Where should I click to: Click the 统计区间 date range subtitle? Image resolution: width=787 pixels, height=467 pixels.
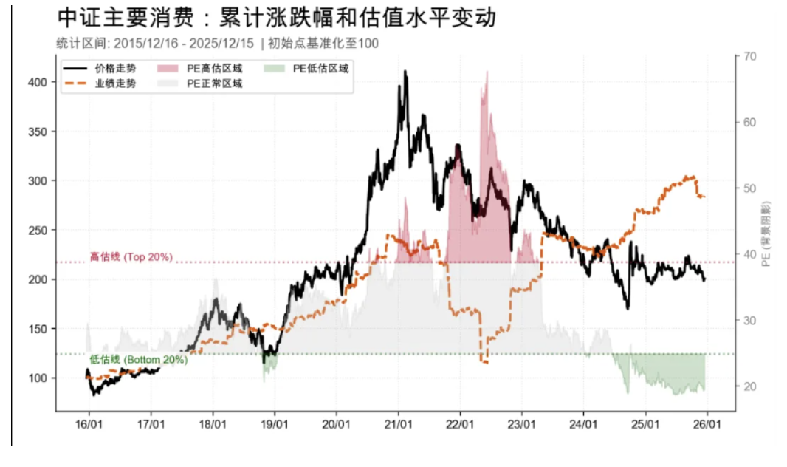coord(217,44)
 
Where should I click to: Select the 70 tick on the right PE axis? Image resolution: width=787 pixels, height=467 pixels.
coord(750,56)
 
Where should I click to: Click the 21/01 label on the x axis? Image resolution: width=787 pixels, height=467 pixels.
coord(398,426)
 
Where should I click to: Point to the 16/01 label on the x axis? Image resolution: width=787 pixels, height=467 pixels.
coord(89,426)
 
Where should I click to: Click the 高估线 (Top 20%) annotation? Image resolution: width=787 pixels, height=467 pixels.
coord(131,257)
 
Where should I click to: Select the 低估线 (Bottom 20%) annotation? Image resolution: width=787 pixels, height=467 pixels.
coord(139,360)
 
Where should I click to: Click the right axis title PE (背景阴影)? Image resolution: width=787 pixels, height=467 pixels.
coord(769,233)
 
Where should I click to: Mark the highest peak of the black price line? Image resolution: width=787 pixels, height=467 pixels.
coord(405,72)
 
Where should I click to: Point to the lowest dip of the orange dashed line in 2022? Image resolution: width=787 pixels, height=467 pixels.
coord(484,362)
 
